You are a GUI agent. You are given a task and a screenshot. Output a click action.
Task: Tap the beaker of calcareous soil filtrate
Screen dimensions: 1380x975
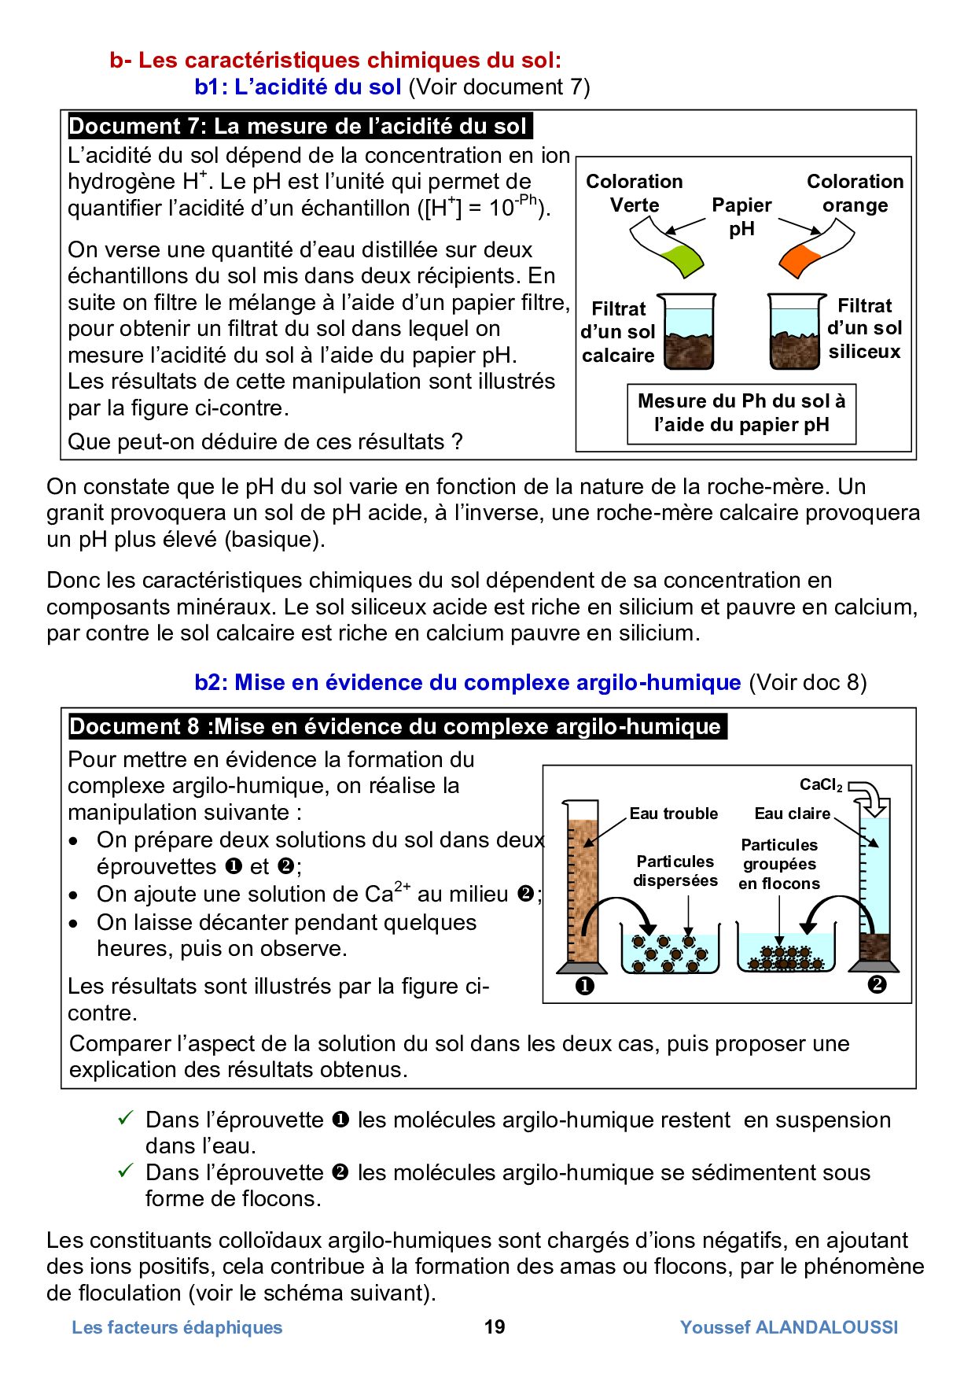[x=686, y=331]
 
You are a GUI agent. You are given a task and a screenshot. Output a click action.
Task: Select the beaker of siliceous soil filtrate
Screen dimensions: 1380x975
[x=796, y=331]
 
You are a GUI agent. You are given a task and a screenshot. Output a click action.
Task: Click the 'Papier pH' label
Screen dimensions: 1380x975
[x=741, y=216]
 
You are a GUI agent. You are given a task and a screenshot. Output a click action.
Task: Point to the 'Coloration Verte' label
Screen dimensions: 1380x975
[x=634, y=193]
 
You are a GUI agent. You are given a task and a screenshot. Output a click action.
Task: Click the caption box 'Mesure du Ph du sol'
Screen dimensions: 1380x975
[x=741, y=413]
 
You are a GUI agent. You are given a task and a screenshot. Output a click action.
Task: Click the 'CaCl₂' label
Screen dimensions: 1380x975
[x=820, y=784]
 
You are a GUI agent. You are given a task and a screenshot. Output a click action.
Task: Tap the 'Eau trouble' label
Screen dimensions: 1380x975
[x=673, y=814]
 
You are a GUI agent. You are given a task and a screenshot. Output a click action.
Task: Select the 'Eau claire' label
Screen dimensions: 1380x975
[x=792, y=814]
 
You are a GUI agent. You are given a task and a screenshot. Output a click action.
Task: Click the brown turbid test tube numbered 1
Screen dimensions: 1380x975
[x=582, y=889]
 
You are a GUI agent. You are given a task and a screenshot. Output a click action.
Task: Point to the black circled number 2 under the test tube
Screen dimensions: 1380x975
[x=877, y=984]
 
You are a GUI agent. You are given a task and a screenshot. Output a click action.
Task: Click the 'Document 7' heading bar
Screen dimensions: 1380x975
[x=299, y=126]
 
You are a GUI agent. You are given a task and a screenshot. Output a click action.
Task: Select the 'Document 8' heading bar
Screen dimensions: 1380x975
[x=396, y=726]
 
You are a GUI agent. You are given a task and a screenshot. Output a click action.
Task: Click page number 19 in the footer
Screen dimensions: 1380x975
[x=494, y=1327]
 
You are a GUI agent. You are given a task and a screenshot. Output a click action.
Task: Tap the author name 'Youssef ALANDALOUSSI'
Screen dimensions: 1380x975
[x=789, y=1327]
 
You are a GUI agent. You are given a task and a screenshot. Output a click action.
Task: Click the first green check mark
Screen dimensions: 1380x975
[x=126, y=1118]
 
